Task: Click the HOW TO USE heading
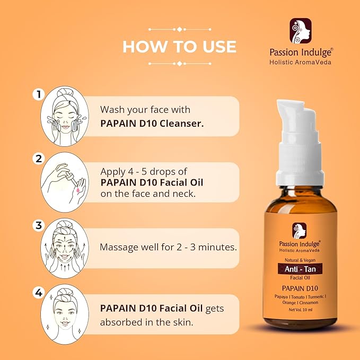(x=180, y=47)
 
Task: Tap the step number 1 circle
(x=38, y=94)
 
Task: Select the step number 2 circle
(x=38, y=159)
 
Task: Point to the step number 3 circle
(x=38, y=225)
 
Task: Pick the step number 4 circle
(x=38, y=293)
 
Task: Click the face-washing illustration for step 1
(x=65, y=117)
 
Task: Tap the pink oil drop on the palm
(x=78, y=190)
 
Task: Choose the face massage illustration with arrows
(x=65, y=248)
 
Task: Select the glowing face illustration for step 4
(x=65, y=314)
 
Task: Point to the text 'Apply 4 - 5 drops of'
(x=144, y=171)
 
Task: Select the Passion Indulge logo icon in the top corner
(x=300, y=31)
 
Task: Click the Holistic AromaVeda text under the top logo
(x=300, y=62)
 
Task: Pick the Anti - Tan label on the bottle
(x=300, y=269)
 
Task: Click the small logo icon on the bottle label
(x=299, y=231)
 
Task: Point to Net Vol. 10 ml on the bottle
(x=301, y=310)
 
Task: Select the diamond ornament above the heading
(x=180, y=29)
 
